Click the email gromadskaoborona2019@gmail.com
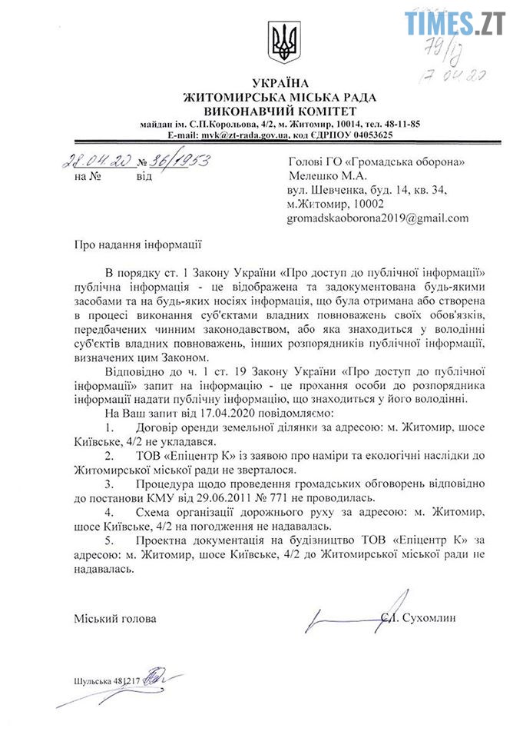377,218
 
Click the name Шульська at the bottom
92,681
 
